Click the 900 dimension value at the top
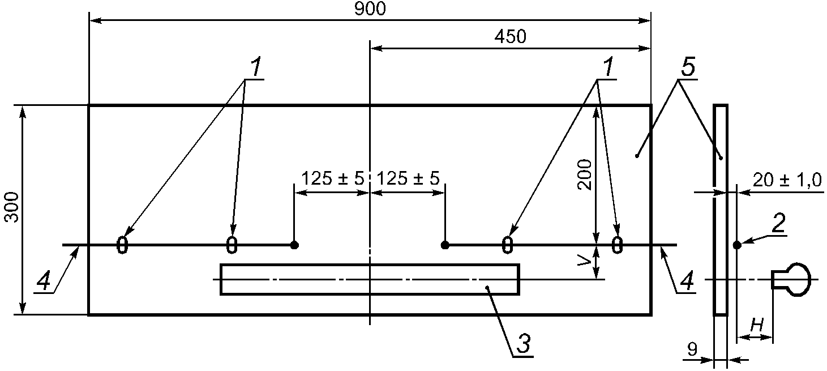pyautogui.click(x=370, y=8)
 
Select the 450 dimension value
pyautogui.click(x=511, y=37)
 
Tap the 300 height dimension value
pyautogui.click(x=12, y=207)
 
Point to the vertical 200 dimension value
pyautogui.click(x=584, y=174)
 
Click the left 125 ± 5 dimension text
pyautogui.click(x=333, y=178)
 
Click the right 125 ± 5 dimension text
pyautogui.click(x=408, y=178)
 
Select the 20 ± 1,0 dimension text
pyautogui.click(x=787, y=180)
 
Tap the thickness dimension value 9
pyautogui.click(x=693, y=349)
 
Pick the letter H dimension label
pyautogui.click(x=756, y=325)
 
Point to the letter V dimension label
pyautogui.click(x=584, y=262)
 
